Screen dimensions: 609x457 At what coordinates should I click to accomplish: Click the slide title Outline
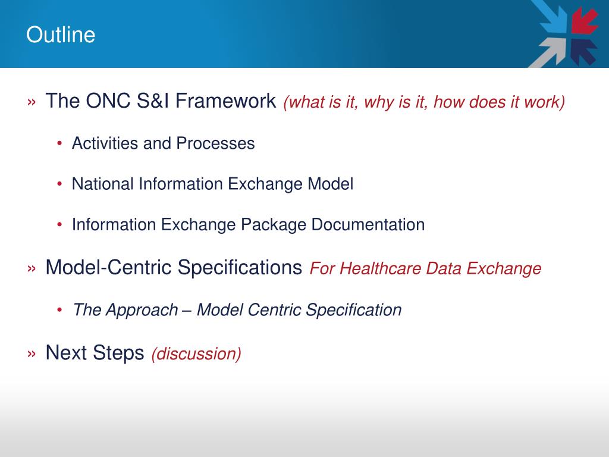tap(61, 35)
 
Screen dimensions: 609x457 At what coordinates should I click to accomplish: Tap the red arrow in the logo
tap(583, 21)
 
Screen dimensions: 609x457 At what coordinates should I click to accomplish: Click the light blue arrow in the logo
tap(549, 16)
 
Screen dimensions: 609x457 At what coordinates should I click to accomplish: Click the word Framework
tap(225, 101)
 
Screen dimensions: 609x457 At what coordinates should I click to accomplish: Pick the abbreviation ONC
tap(108, 101)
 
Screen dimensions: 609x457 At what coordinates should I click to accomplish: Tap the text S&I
tap(153, 101)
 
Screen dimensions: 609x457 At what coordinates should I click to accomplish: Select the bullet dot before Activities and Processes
tap(59, 143)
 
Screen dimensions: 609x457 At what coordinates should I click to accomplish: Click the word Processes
tap(215, 143)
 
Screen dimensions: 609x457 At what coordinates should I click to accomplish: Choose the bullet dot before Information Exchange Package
tap(59, 224)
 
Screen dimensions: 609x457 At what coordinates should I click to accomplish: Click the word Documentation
tap(368, 224)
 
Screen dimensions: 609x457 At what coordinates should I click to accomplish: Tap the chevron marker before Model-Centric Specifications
tap(32, 268)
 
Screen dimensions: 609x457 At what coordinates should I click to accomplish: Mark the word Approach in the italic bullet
tap(142, 310)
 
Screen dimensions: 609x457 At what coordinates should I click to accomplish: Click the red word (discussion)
tap(196, 354)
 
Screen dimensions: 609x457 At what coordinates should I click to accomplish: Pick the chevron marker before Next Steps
tap(32, 353)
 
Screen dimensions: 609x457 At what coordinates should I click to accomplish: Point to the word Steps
tap(118, 353)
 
